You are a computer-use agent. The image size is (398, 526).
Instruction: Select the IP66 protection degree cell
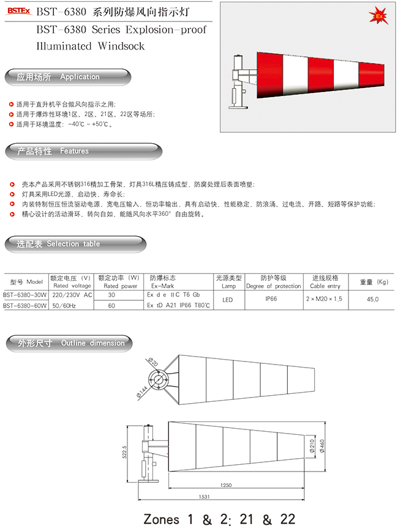[x=271, y=299]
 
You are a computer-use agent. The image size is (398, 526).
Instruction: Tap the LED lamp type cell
[x=228, y=300]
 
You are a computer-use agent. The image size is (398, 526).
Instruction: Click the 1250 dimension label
[x=226, y=485]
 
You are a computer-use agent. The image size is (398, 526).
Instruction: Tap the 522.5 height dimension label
[x=125, y=451]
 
